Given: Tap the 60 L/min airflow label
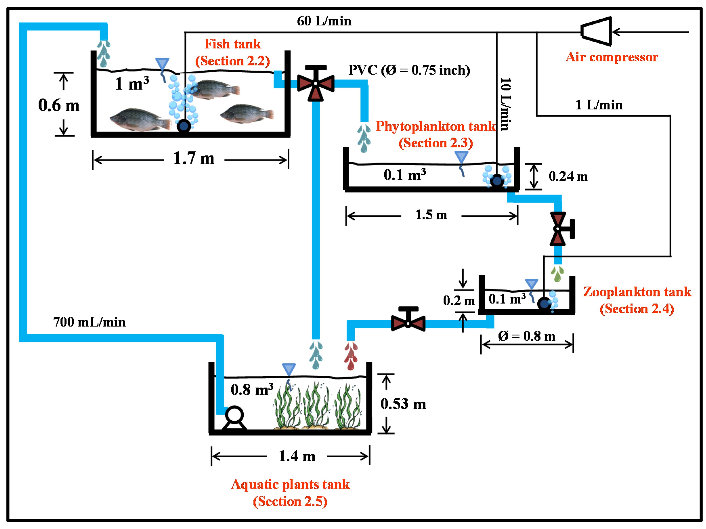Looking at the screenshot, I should (x=324, y=21).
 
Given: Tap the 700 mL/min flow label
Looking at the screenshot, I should (x=89, y=322).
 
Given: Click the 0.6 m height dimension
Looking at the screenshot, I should (x=59, y=105).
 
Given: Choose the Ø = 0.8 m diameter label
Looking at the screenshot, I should (x=527, y=336).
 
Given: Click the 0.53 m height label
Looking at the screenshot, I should (x=403, y=404).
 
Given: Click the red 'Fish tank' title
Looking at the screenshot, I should (x=233, y=44).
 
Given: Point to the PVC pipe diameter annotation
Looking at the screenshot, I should (x=409, y=70).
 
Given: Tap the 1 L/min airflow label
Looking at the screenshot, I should (x=599, y=105).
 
